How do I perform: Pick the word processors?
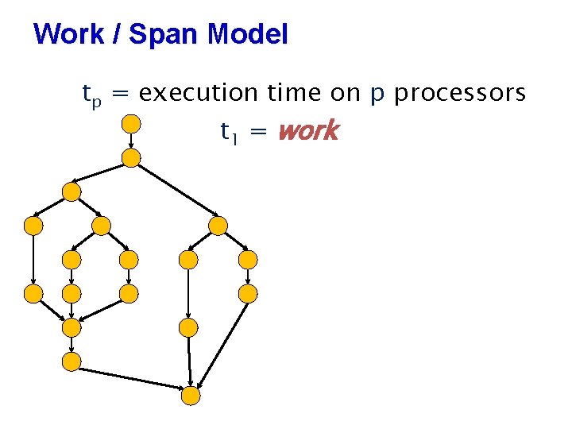tap(460, 95)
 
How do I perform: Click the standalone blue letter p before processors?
tap(378, 96)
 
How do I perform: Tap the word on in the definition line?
tap(342, 95)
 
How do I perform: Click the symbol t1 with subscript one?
tap(229, 132)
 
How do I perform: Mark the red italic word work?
tap(308, 131)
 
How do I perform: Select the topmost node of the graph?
tap(131, 123)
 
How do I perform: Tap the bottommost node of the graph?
tap(191, 395)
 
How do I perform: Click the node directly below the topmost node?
tap(131, 158)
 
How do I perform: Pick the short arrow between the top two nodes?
tap(131, 141)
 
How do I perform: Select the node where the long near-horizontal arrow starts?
tap(71, 362)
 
